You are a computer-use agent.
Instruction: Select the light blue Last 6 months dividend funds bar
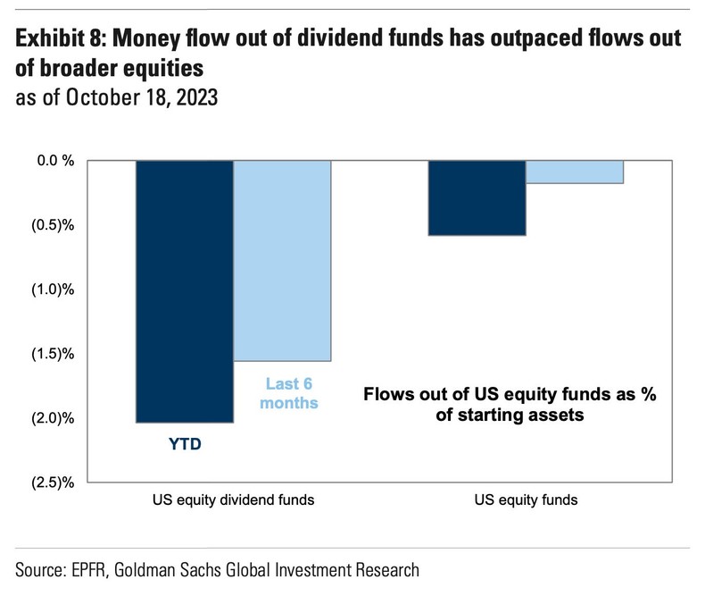[282, 260]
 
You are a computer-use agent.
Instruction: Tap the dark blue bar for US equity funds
[477, 197]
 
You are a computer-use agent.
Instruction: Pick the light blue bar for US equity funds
[574, 172]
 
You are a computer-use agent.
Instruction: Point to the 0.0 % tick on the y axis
[54, 161]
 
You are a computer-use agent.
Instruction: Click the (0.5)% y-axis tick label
[52, 225]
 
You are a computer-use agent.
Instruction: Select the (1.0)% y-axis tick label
[52, 290]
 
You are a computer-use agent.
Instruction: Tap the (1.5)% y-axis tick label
[52, 354]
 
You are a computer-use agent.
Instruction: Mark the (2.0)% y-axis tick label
[52, 418]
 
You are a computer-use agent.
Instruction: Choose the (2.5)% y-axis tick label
[52, 483]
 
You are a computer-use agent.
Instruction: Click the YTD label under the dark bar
[184, 442]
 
